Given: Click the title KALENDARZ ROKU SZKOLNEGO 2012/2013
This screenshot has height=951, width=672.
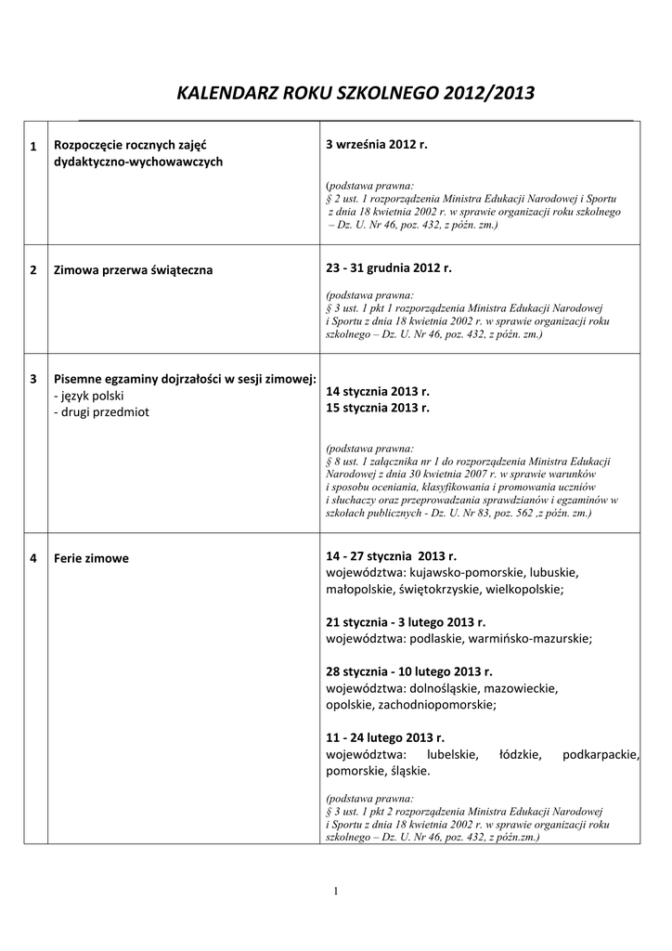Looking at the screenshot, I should (x=355, y=93).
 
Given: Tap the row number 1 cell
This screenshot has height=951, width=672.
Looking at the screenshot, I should (x=33, y=147).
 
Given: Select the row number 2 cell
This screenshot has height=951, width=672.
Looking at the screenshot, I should (x=33, y=270).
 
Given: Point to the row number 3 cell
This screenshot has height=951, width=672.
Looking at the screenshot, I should (x=33, y=379).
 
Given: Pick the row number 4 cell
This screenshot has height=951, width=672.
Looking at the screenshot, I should (x=33, y=558).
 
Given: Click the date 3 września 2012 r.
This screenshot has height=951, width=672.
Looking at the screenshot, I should (x=377, y=145).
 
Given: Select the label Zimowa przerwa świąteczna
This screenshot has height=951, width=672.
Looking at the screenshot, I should (x=134, y=270).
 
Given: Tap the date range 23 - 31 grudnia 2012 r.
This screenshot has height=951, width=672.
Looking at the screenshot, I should (x=388, y=267).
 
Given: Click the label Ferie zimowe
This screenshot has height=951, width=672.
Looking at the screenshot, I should (x=91, y=558).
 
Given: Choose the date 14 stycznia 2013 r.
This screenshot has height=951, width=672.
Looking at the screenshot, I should (x=378, y=393).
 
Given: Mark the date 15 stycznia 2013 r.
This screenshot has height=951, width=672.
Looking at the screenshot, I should (x=378, y=408).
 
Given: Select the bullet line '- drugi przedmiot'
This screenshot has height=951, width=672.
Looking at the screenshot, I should (x=101, y=410).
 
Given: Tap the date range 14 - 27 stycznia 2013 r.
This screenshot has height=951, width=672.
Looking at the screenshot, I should (x=392, y=555).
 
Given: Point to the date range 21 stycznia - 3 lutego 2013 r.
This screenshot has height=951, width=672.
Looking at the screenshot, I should (x=406, y=622).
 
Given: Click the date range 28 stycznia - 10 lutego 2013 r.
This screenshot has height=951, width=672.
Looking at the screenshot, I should (x=409, y=671).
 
